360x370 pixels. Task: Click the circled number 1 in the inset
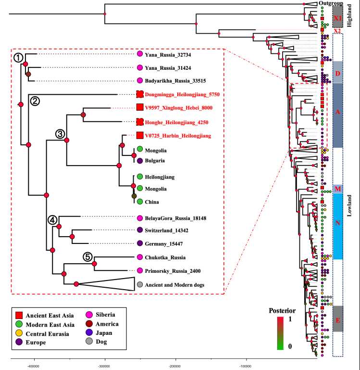point(18,58)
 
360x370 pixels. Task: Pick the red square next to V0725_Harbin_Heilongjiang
point(140,136)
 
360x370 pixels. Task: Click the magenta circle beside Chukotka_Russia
point(140,257)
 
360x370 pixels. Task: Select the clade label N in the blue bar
point(337,223)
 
